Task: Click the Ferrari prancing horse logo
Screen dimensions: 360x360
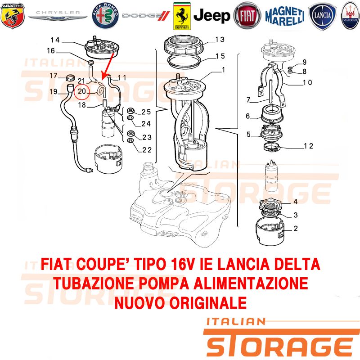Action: pos(182,16)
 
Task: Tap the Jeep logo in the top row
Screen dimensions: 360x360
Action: pos(211,16)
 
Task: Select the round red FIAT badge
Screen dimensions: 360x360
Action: pos(247,16)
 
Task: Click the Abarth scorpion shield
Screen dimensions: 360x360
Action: pos(13,16)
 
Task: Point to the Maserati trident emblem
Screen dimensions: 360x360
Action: pos(350,16)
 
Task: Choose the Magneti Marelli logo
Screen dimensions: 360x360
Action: pos(285,16)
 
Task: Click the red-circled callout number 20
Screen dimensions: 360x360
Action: pos(82,91)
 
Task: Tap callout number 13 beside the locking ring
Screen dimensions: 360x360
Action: pos(220,40)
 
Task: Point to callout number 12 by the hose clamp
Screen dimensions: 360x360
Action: pos(308,146)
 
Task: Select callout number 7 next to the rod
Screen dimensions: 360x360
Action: pos(248,100)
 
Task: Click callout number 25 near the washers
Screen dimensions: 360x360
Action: pos(146,112)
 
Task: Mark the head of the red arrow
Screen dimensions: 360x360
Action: pos(103,77)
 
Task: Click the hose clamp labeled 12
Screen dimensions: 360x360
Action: pos(272,148)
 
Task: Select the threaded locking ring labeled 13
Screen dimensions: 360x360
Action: pos(184,45)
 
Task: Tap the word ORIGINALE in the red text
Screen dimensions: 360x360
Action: pos(208,302)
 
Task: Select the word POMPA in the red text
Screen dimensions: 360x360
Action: pos(164,283)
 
